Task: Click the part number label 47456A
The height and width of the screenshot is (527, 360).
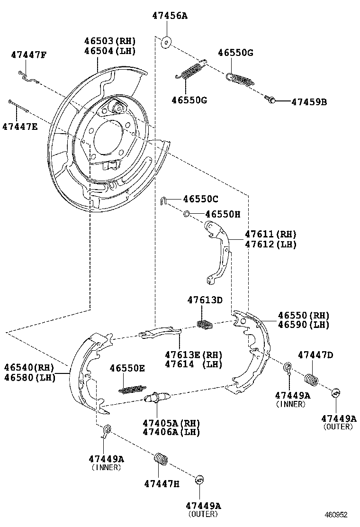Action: [170, 16]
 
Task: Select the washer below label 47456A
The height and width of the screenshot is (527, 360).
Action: [166, 42]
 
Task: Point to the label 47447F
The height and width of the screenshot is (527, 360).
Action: [28, 55]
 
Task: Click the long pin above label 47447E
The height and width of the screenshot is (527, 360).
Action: [18, 106]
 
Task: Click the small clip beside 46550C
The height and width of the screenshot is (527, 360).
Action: [163, 200]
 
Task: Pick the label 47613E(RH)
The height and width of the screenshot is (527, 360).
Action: [193, 354]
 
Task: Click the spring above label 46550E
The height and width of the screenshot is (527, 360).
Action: [131, 389]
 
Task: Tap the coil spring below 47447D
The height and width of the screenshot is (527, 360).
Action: [311, 380]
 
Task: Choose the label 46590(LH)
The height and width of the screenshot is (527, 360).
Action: [303, 325]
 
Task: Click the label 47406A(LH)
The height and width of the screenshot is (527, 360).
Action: [171, 432]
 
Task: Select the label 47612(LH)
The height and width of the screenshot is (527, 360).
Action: [270, 244]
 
